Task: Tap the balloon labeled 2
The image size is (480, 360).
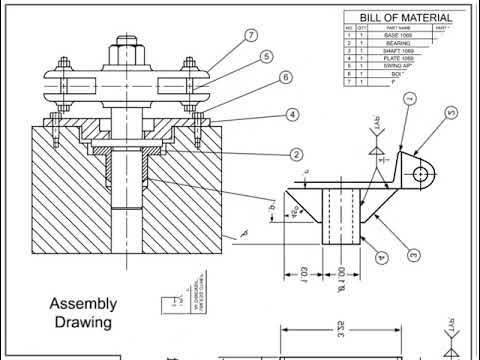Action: pos(297,154)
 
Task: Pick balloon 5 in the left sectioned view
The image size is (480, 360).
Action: pos(267,57)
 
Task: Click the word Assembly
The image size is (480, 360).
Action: pos(84,304)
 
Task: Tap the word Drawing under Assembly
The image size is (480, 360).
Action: pos(84,323)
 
